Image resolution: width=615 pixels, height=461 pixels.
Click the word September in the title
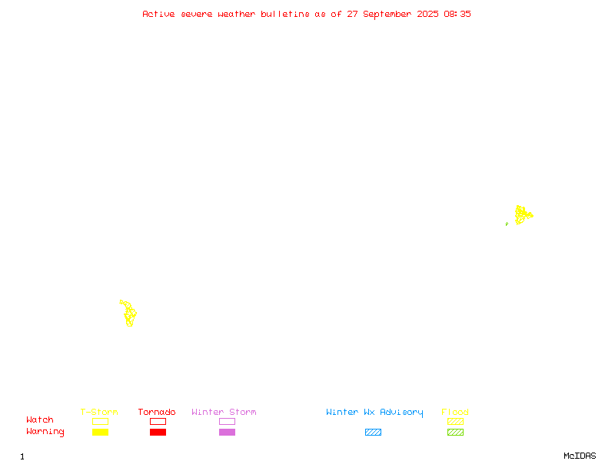click(x=387, y=15)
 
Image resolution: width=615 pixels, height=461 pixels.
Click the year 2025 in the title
click(x=427, y=14)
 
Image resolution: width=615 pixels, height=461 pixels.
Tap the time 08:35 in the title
click(x=457, y=14)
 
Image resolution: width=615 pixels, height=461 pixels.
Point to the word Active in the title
click(x=158, y=14)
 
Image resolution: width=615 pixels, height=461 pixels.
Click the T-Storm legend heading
click(x=99, y=412)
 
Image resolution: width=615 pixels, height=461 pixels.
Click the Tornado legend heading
click(x=157, y=412)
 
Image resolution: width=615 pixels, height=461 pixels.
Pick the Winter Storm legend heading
click(x=224, y=412)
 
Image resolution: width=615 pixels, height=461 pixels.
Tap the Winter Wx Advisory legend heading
click(x=374, y=413)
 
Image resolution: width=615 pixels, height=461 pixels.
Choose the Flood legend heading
click(x=454, y=412)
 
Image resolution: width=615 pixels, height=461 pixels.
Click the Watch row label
click(x=40, y=420)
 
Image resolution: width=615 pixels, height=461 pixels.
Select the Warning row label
click(x=45, y=432)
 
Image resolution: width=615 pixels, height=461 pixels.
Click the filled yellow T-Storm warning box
click(x=101, y=432)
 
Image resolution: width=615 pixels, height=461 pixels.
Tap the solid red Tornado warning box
click(x=158, y=432)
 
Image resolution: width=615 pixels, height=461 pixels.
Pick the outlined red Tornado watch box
click(x=158, y=418)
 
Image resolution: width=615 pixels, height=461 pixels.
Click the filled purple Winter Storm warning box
click(x=227, y=432)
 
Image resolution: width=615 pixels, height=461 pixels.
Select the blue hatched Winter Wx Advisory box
click(x=373, y=432)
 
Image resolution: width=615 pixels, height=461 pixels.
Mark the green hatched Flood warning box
click(x=455, y=432)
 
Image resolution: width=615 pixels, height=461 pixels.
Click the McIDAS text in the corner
click(x=580, y=456)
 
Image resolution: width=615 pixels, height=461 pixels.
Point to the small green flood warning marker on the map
click(x=507, y=224)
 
